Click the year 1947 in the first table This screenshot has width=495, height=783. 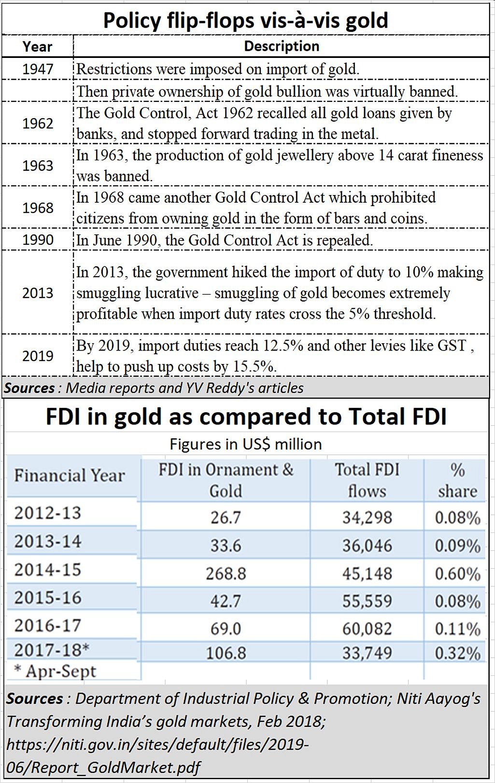click(x=38, y=69)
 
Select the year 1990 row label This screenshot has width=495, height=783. click(x=38, y=240)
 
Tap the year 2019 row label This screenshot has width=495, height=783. click(x=38, y=356)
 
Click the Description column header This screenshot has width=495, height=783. click(x=282, y=46)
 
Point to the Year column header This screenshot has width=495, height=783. click(x=37, y=47)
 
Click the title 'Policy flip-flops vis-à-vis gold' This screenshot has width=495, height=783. click(x=246, y=21)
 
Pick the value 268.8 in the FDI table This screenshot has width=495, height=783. click(x=226, y=573)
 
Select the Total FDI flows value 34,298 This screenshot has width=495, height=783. click(x=367, y=517)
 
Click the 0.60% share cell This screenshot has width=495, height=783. click(x=457, y=573)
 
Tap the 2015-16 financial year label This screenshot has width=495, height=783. click(x=47, y=598)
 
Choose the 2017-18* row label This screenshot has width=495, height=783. click(x=52, y=650)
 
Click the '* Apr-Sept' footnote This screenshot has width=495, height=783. click(x=55, y=671)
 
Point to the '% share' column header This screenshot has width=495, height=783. click(x=457, y=480)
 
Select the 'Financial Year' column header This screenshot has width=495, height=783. click(x=70, y=475)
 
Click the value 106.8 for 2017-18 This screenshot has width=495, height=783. click(x=226, y=653)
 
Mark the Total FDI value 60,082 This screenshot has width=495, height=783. click(x=367, y=629)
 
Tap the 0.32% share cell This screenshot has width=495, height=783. click(x=457, y=653)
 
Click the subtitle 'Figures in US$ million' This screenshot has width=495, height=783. click(x=246, y=444)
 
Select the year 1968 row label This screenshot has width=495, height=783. click(x=38, y=208)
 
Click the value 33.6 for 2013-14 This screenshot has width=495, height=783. click(x=226, y=545)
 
